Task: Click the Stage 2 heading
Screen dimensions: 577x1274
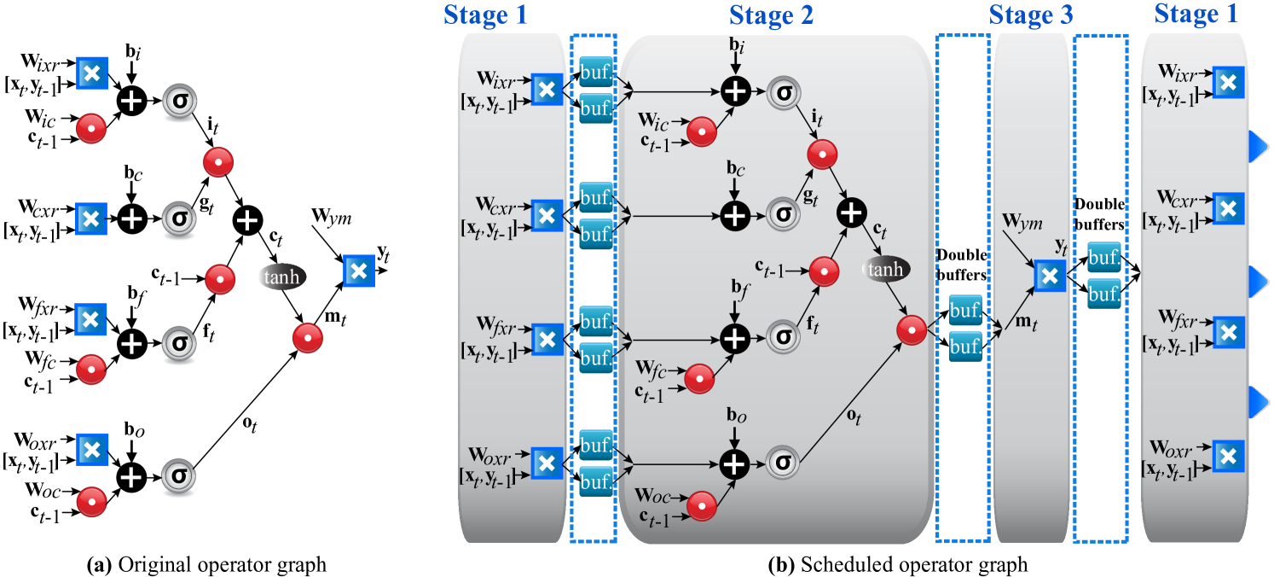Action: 771,15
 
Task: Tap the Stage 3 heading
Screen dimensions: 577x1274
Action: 1031,15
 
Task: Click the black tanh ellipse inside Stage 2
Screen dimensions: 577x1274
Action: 886,271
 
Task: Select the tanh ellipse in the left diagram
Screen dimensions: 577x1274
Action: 281,277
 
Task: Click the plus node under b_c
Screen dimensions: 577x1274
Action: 735,216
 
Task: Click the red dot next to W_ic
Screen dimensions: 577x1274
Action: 702,131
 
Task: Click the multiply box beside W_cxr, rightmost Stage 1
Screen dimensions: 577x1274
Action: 1228,208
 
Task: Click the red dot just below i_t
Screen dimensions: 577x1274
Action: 822,154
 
